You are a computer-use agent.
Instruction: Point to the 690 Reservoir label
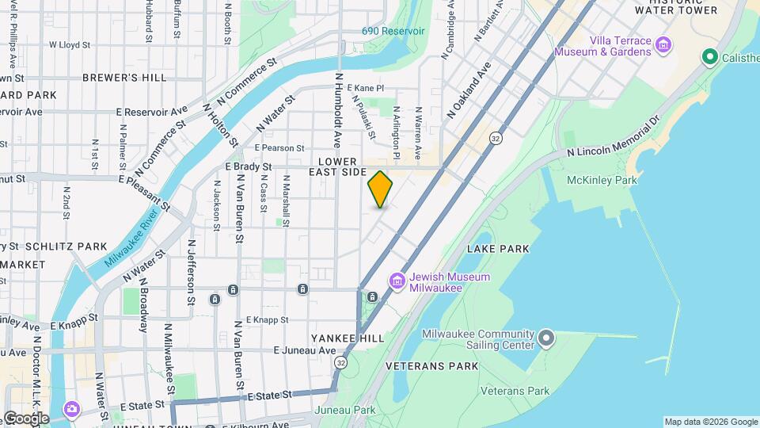pos(393,31)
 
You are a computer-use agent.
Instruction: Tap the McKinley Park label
pos(602,180)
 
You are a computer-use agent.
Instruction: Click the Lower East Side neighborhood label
pos(337,166)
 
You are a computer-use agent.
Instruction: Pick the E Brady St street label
pos(249,167)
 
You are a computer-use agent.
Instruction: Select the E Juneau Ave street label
pos(305,350)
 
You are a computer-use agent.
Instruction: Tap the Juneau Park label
pos(344,410)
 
